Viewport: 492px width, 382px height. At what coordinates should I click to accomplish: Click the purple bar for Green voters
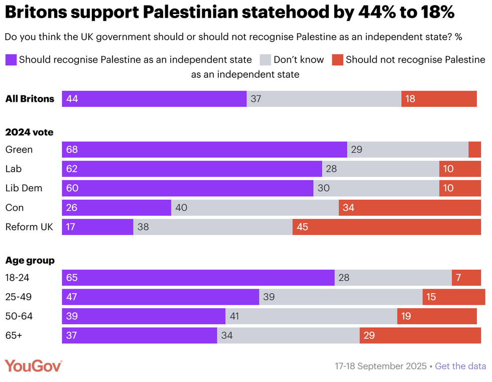(204, 150)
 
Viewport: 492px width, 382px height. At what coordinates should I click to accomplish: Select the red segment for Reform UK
(387, 227)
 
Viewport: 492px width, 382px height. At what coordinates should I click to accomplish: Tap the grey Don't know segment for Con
(255, 207)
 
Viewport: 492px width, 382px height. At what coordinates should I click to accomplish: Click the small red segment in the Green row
(474, 150)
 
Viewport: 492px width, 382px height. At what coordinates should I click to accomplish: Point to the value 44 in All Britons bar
(72, 99)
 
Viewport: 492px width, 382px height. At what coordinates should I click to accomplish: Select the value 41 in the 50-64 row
(234, 316)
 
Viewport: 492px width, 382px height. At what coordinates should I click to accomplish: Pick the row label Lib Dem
(24, 188)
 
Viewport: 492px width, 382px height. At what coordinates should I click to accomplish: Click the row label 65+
(14, 335)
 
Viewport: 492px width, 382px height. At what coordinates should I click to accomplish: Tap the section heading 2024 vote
(29, 133)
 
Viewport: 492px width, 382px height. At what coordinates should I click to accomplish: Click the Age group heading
(30, 261)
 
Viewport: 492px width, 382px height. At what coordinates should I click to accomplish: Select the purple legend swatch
(11, 60)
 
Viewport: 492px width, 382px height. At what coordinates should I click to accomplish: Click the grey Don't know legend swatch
(265, 60)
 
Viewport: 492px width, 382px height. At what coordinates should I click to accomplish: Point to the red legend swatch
(337, 60)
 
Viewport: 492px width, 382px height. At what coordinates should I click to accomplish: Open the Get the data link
(460, 366)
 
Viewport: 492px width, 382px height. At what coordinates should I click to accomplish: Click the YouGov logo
(34, 366)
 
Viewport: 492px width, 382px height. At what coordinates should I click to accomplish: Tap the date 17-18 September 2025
(381, 366)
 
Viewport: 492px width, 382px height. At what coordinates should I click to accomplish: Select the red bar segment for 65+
(420, 335)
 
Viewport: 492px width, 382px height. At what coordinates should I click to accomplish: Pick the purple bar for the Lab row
(192, 169)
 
